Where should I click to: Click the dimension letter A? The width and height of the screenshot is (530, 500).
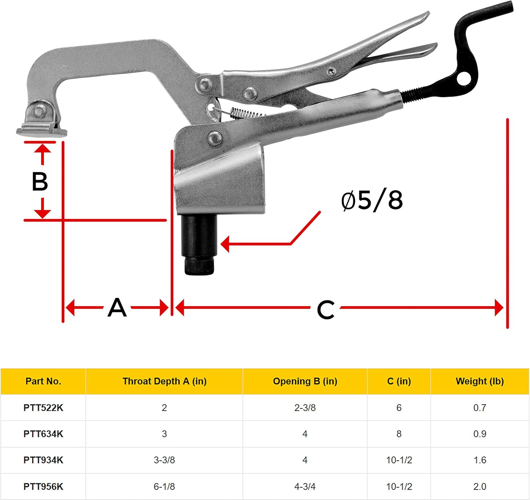click(117, 308)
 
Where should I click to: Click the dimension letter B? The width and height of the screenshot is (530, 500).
click(40, 182)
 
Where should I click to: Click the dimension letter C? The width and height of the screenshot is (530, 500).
click(325, 309)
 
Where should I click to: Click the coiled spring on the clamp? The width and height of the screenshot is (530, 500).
click(248, 113)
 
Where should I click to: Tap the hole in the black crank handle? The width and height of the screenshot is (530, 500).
click(464, 78)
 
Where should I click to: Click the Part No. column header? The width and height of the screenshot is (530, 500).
click(43, 381)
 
